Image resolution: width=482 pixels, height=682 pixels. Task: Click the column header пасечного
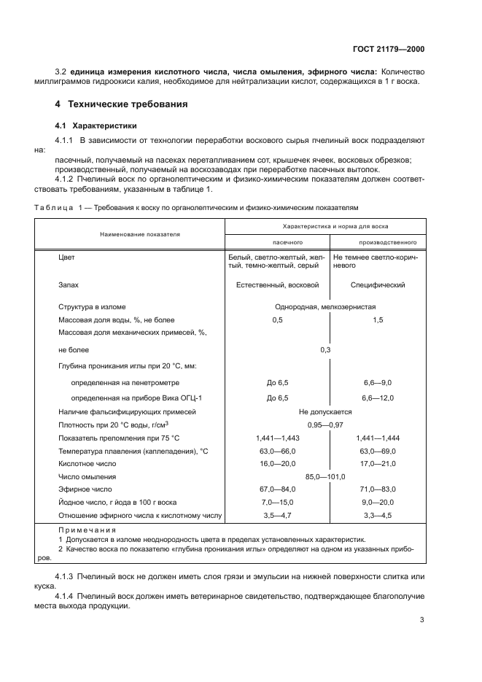[x=277, y=241]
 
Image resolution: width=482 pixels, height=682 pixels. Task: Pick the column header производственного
[x=377, y=241]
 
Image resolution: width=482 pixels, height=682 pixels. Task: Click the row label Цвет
[x=66, y=257]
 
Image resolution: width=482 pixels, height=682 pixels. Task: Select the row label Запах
[x=69, y=285]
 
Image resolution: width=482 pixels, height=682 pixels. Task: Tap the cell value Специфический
[x=377, y=285]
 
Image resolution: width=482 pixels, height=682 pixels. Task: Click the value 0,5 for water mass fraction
[x=277, y=319]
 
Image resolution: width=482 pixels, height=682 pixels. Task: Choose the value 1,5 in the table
[x=377, y=319]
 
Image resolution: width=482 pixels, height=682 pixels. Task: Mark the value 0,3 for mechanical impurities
[x=326, y=350]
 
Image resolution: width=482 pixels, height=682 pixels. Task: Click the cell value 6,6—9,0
[x=377, y=381]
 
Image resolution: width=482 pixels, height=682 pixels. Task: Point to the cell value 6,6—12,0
[x=377, y=397]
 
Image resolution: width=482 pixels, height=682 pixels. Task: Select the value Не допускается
[x=326, y=412]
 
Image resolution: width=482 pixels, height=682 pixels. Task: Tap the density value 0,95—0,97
[x=326, y=425]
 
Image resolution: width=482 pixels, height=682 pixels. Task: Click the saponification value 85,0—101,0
[x=326, y=476]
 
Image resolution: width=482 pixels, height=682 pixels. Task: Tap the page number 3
[x=421, y=620]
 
